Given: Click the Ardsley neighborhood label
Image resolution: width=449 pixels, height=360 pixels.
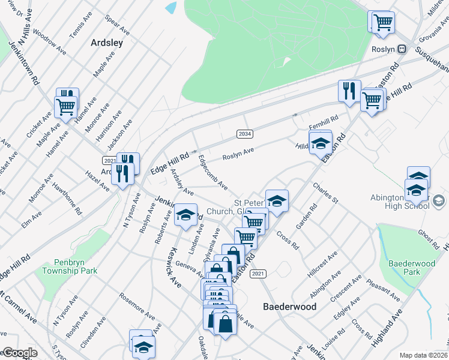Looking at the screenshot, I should (106, 43).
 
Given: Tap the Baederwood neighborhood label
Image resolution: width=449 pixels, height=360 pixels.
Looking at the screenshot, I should (290, 306).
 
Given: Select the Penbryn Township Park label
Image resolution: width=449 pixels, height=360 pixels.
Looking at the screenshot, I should (70, 267).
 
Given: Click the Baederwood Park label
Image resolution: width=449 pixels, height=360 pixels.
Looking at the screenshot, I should (412, 268).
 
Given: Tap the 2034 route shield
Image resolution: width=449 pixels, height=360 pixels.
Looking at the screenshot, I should (244, 134).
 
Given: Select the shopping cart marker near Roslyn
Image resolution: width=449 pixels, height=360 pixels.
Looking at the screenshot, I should (383, 23).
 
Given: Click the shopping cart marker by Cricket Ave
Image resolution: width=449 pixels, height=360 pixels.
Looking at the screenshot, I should (65, 107).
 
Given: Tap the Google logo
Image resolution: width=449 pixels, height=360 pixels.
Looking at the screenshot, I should (19, 353).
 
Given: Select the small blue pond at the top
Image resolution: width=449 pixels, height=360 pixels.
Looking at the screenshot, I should (170, 8).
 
